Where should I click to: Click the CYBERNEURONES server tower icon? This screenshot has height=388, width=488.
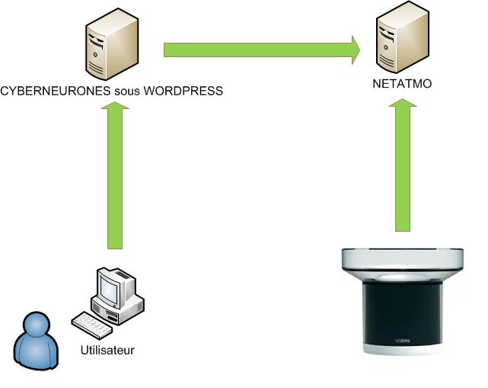click(x=112, y=44)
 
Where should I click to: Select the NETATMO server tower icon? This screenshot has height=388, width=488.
click(x=403, y=37)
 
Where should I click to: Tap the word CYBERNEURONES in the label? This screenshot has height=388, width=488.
click(x=56, y=91)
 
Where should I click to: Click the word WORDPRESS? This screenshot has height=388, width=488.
click(x=183, y=91)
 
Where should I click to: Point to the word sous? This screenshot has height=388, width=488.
click(x=127, y=91)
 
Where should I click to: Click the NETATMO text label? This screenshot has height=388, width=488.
click(x=402, y=84)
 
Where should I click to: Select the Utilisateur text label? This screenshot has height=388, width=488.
click(x=107, y=351)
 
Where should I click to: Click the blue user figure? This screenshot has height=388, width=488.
click(x=36, y=341)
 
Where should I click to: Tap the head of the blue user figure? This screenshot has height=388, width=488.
click(x=37, y=324)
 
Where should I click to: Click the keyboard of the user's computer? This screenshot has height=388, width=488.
click(x=91, y=325)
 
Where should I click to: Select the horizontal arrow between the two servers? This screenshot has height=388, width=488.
click(x=262, y=50)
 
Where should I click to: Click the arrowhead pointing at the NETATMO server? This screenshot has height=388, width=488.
click(x=356, y=50)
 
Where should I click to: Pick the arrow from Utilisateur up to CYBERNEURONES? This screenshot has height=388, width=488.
click(x=115, y=175)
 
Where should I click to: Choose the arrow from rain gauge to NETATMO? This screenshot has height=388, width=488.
click(x=403, y=165)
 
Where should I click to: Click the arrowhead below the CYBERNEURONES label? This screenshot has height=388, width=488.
click(x=115, y=105)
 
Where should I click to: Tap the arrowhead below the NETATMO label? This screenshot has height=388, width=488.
click(x=403, y=103)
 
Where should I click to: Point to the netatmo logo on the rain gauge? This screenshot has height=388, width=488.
click(x=403, y=340)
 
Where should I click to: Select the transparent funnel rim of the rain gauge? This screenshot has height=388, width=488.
click(x=403, y=259)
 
